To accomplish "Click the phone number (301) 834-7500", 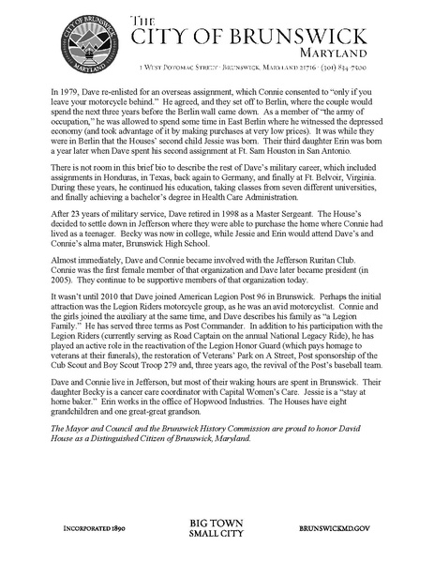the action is click(x=334, y=68).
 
